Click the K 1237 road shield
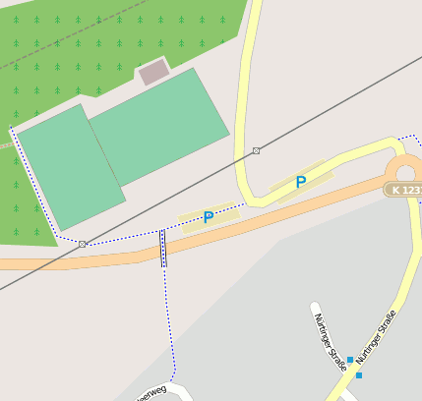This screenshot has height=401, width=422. point(404,190)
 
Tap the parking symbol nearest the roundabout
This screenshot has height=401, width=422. point(301,181)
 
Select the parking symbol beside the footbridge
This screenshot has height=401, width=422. point(209,216)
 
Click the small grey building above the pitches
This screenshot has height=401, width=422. point(153,72)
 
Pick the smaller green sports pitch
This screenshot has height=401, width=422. point(71,166)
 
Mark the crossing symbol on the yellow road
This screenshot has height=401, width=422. point(257,150)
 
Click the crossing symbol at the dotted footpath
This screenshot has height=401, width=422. point(83,243)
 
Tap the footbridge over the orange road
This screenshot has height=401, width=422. point(163,248)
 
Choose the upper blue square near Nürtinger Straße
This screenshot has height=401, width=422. point(350,361)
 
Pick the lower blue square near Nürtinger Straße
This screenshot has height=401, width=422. point(359,375)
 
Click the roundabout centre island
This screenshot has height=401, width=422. point(407,168)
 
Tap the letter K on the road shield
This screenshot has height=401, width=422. point(395,190)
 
